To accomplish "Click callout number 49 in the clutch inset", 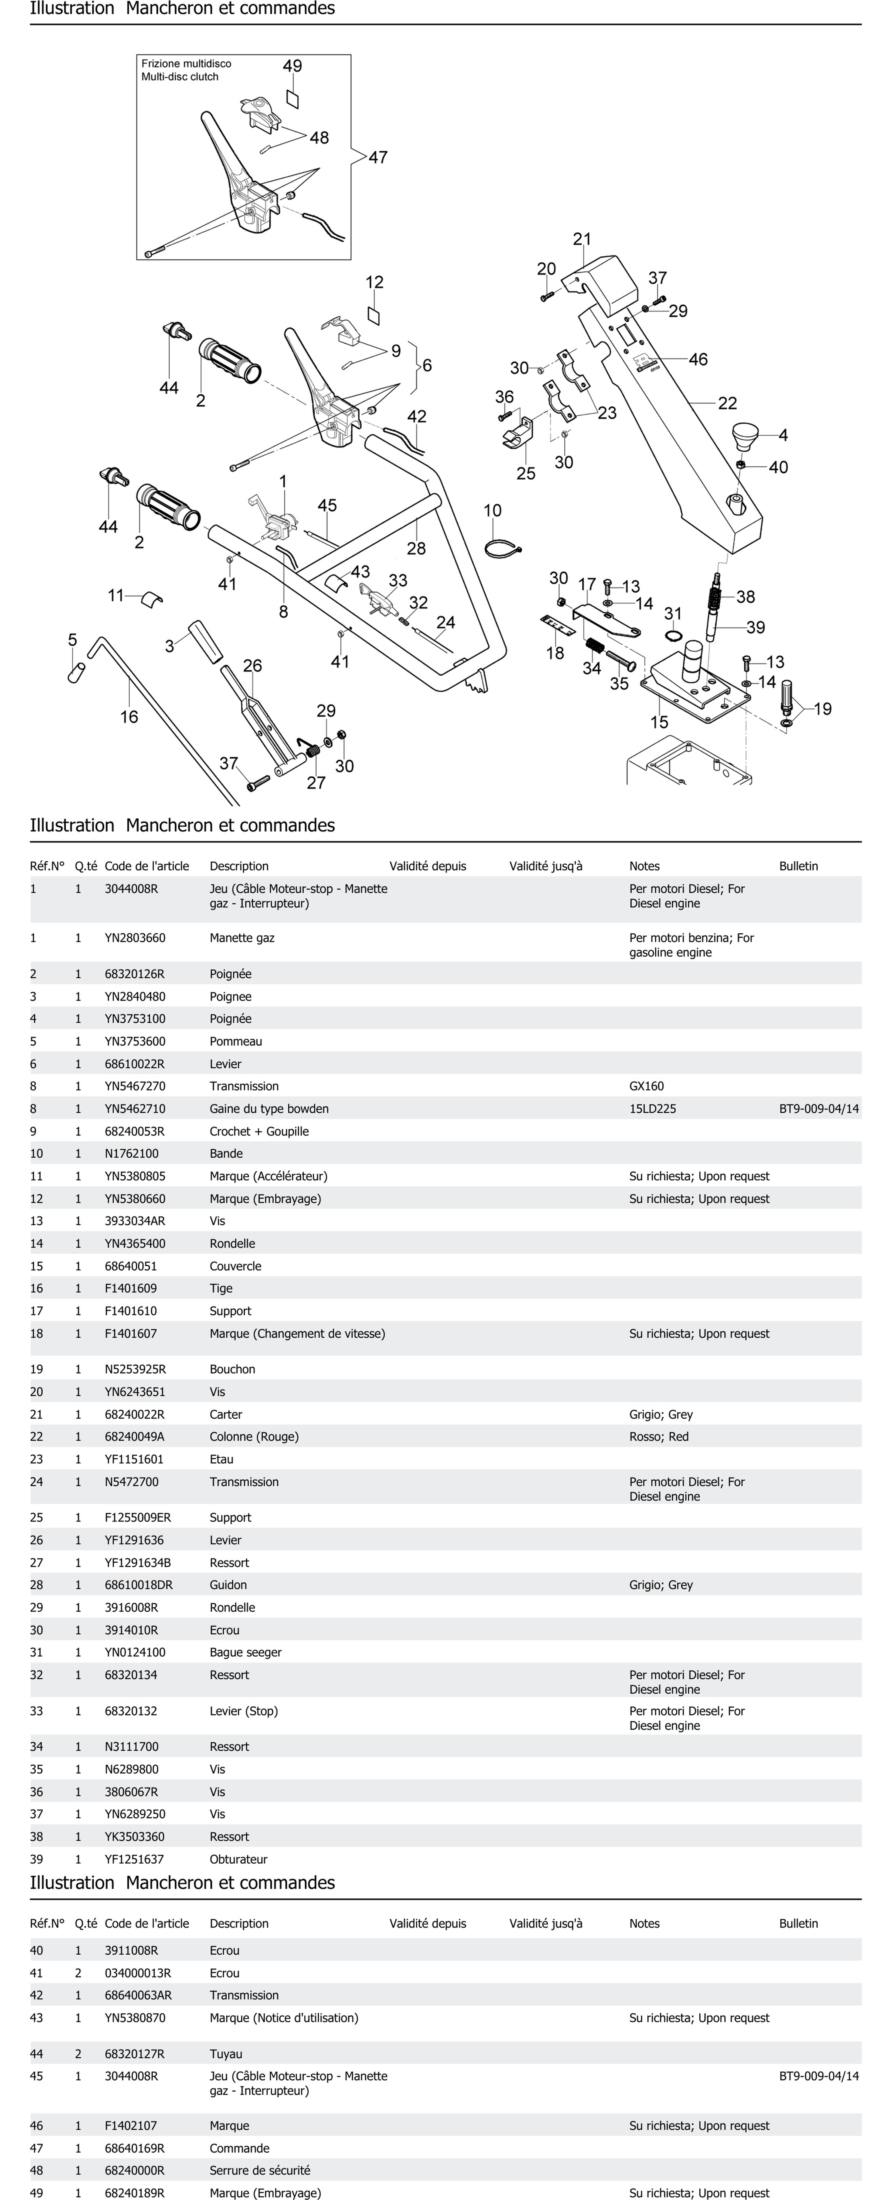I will click(x=292, y=66).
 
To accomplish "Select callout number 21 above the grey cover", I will click(x=582, y=239).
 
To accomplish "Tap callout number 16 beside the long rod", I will click(x=129, y=717).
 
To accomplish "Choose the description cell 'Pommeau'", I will click(x=236, y=1041).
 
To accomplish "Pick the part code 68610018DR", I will click(x=138, y=1585).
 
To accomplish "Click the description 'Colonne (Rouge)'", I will click(x=254, y=1436).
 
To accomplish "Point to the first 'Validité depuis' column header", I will click(x=427, y=866).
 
